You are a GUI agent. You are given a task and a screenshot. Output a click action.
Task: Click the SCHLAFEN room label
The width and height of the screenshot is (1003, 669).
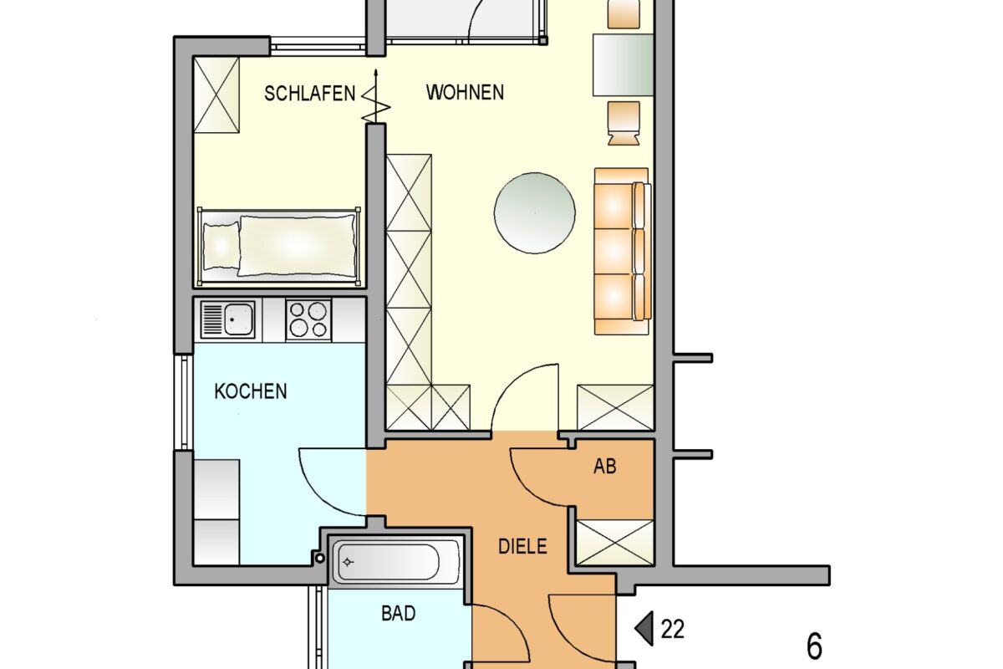coord(309,93)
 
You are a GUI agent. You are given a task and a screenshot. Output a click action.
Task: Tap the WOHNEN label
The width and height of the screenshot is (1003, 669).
coord(465,92)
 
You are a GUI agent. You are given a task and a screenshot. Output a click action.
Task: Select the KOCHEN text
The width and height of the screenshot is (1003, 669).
coord(251,391)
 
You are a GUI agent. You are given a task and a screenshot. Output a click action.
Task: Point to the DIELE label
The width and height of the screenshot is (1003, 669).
coord(522,547)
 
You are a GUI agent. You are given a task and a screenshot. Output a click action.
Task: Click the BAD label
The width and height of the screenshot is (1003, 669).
coord(399,614)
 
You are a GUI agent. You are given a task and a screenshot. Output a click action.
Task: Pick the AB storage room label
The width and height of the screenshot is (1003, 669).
coord(604,467)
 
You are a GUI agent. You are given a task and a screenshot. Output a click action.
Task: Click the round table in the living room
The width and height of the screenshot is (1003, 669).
coord(535,212)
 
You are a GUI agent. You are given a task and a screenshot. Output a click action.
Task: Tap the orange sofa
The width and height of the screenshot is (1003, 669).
coord(622,251)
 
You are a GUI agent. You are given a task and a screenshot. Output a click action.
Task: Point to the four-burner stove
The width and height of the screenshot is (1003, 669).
coord(308,319)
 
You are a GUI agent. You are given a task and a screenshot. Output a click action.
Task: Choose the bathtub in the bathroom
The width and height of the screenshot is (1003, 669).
coord(396,562)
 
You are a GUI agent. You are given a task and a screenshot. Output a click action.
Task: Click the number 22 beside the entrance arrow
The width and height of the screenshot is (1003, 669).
coord(673,629)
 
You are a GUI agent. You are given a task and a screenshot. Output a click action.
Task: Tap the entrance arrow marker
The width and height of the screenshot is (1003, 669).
coord(644,628)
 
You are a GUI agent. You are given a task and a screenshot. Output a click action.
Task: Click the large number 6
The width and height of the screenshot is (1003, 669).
coord(814,647)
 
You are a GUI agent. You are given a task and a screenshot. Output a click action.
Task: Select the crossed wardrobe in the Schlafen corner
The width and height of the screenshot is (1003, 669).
coord(216,94)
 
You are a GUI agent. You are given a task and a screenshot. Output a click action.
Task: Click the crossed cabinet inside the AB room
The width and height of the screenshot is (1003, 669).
coord(615,543)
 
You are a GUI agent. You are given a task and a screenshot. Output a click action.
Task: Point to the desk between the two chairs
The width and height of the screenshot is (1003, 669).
coord(623,64)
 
